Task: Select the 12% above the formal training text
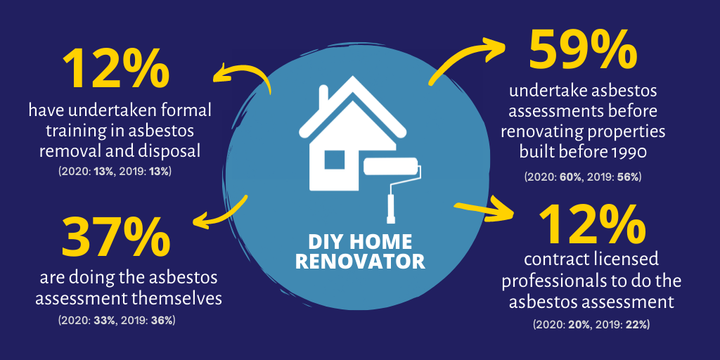pos(116,70)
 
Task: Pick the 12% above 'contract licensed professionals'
pos(591,226)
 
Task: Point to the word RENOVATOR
pos(360,262)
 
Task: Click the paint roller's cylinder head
pos(391,167)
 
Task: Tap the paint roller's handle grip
pos(391,209)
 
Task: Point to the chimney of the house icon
pos(323,96)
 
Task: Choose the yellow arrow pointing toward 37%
pos(220,213)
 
